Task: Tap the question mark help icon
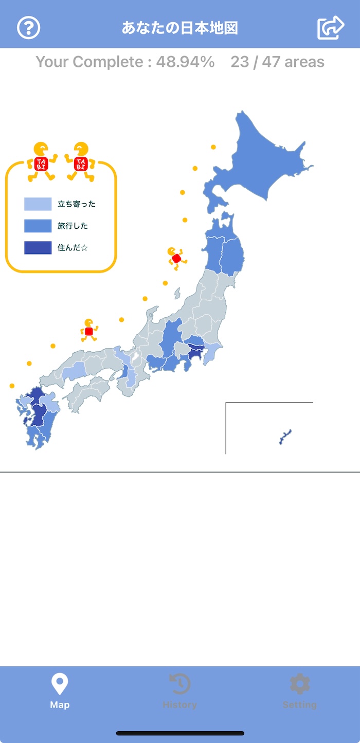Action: [x=29, y=28]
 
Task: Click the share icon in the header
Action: [x=330, y=28]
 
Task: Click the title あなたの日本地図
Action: [x=179, y=28]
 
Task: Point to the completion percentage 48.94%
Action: [x=186, y=62]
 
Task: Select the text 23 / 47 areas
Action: [x=277, y=62]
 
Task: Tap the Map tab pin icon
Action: [x=60, y=684]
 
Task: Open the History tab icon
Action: [x=179, y=684]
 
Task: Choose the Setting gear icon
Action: [x=299, y=684]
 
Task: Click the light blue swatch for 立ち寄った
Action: [x=38, y=204]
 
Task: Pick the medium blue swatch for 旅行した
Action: [x=38, y=226]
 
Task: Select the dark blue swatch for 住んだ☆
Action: [x=38, y=248]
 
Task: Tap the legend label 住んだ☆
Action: [x=73, y=248]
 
